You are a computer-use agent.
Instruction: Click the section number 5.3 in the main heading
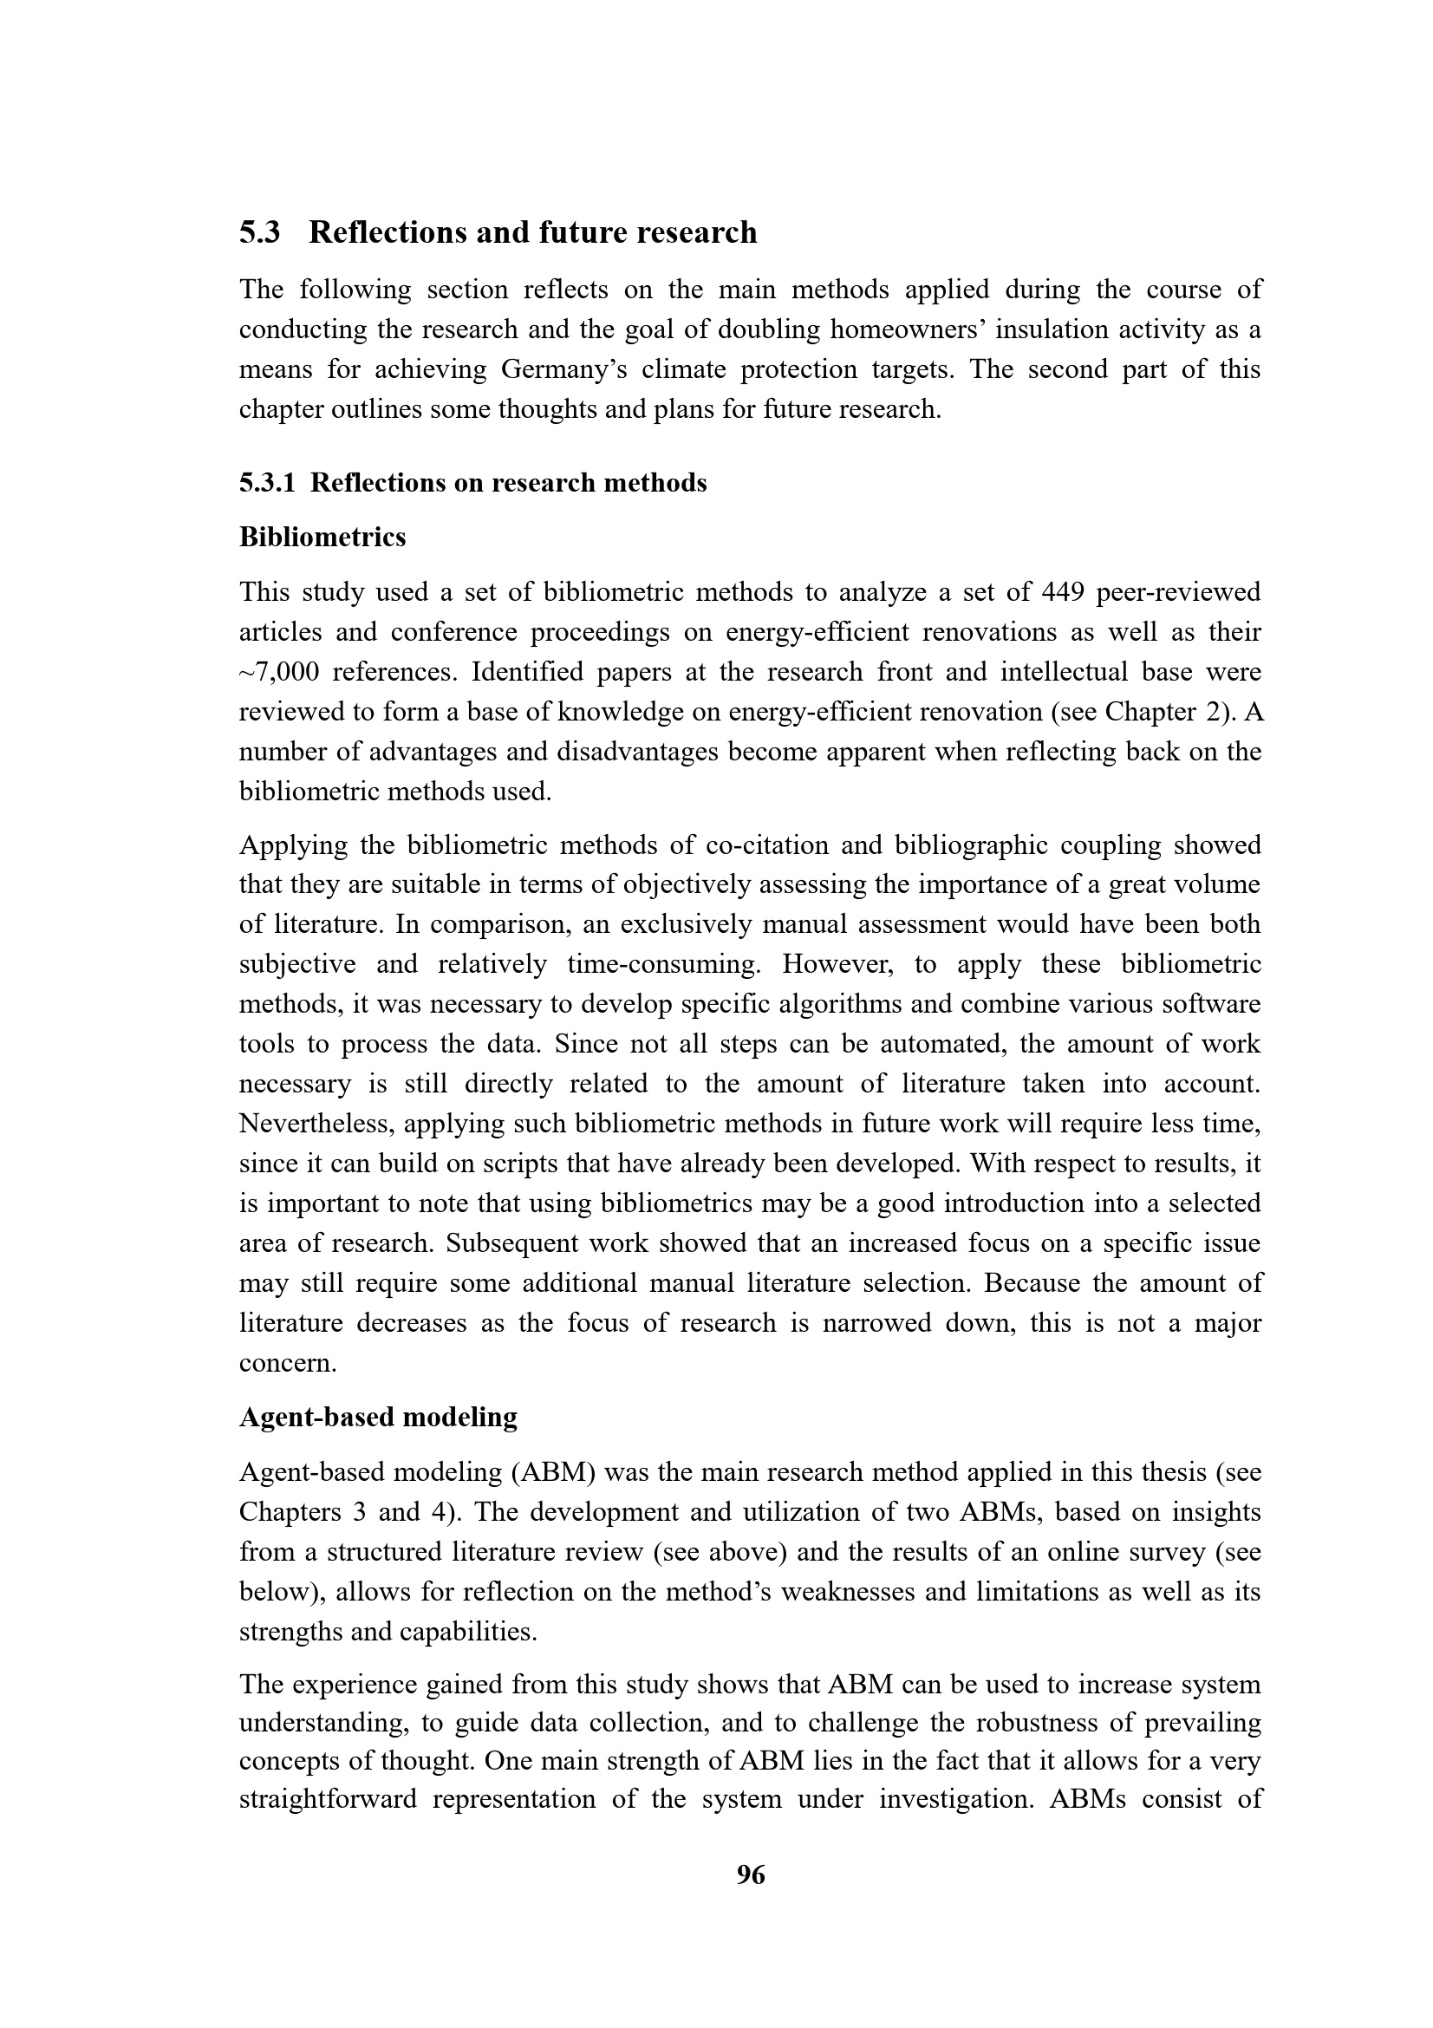pyautogui.click(x=259, y=232)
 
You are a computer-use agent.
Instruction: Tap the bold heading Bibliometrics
pyautogui.click(x=322, y=537)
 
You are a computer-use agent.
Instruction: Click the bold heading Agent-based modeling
pyautogui.click(x=378, y=1417)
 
